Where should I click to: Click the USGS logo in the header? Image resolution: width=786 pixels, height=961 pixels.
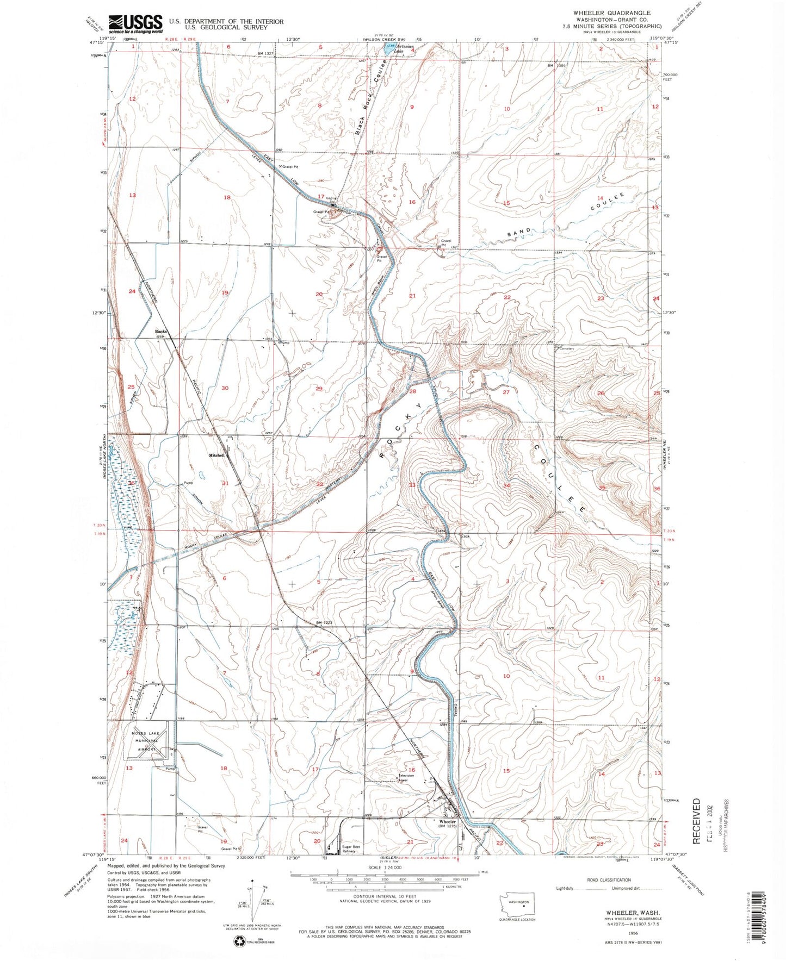[x=135, y=23]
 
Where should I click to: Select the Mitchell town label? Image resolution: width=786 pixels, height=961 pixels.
[x=216, y=455]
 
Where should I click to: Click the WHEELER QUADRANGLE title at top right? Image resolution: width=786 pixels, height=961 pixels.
[x=612, y=13]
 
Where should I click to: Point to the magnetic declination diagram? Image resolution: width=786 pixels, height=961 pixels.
[x=253, y=904]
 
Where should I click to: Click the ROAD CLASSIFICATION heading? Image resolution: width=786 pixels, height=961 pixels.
[x=609, y=879]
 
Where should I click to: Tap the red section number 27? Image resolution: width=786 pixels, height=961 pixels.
[x=506, y=392]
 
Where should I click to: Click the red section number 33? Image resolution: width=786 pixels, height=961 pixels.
[x=412, y=485]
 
